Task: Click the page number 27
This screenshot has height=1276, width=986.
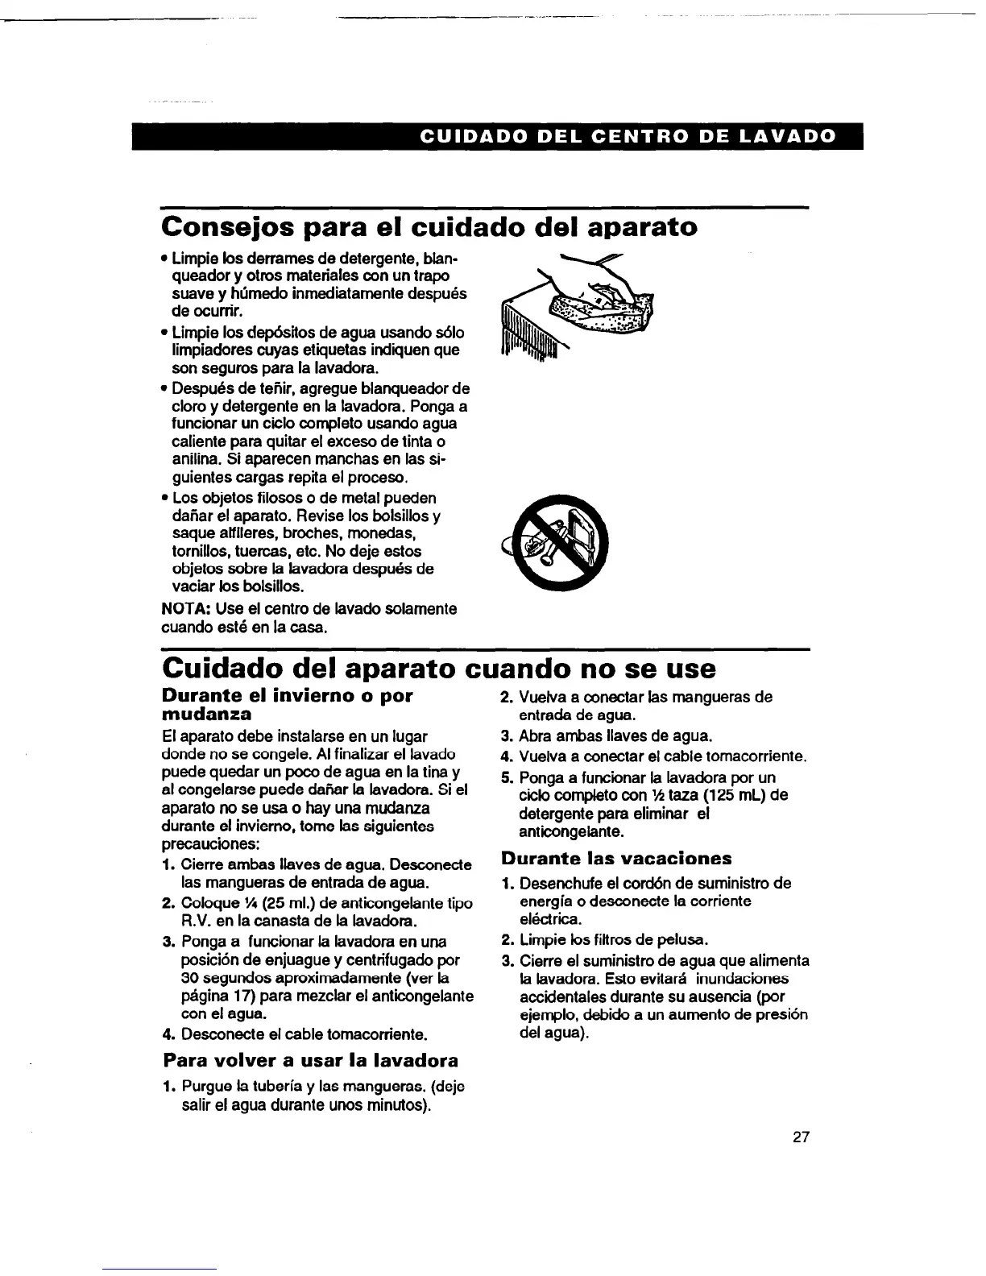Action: pyautogui.click(x=800, y=1138)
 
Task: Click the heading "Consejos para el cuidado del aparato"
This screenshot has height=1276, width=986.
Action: pyautogui.click(x=429, y=227)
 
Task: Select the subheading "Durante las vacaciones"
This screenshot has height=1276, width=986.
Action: pyautogui.click(x=616, y=858)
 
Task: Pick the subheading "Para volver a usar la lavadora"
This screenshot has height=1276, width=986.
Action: pyautogui.click(x=310, y=1060)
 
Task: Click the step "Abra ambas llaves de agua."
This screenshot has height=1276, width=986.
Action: pyautogui.click(x=615, y=736)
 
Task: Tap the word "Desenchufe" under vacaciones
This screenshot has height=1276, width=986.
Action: pyautogui.click(x=559, y=884)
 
